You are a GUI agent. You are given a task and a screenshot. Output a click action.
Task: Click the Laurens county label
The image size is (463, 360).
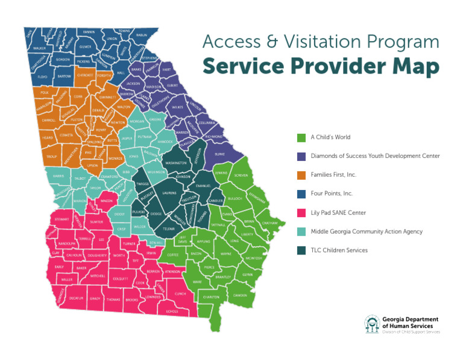click(169, 194)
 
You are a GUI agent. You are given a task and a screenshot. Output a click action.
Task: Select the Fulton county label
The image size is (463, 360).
click(77, 120)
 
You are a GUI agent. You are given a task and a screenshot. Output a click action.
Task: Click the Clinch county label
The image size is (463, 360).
click(180, 294)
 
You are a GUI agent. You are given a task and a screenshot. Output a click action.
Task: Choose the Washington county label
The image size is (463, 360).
click(175, 163)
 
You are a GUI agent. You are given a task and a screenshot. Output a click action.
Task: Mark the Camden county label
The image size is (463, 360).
click(240, 295)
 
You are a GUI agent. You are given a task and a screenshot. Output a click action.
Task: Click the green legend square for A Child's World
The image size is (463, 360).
click(302, 137)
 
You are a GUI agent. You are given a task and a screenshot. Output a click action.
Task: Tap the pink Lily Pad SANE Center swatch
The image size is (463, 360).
click(302, 212)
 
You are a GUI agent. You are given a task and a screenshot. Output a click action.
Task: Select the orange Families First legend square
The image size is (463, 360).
click(302, 175)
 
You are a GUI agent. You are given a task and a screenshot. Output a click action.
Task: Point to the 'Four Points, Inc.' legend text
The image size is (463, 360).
click(332, 194)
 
